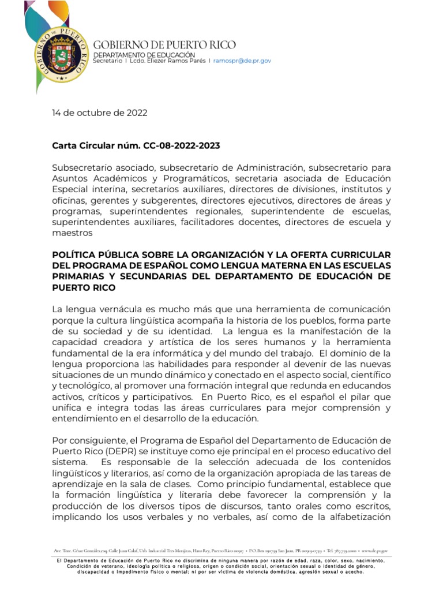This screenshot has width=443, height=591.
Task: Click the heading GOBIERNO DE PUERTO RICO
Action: (164, 45)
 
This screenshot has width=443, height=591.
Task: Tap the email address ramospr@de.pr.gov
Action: (242, 61)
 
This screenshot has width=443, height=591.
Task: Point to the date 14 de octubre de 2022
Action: (99, 113)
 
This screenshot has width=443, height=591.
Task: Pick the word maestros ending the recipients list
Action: (72, 233)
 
